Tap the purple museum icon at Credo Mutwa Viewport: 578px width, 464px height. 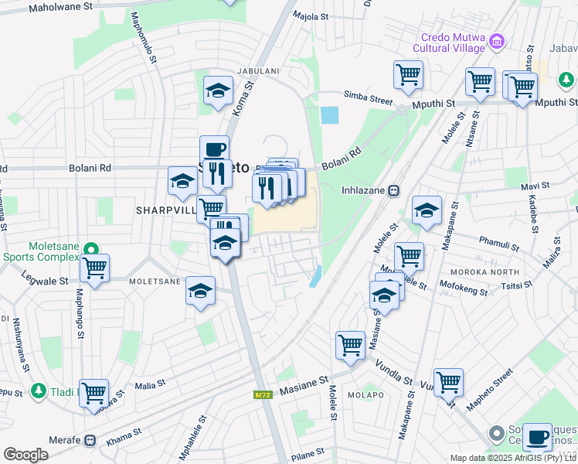498,40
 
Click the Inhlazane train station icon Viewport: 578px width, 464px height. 393,189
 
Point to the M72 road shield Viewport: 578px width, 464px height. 263,395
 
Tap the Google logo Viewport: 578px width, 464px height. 25,455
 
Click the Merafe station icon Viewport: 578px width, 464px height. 90,440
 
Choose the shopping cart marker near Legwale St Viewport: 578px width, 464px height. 94,268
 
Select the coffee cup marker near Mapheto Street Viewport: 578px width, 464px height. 537,438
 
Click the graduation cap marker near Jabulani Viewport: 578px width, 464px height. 218,90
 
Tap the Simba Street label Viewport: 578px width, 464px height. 369,99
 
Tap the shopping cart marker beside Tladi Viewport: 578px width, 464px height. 93,393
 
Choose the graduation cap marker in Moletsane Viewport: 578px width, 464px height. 200,291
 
